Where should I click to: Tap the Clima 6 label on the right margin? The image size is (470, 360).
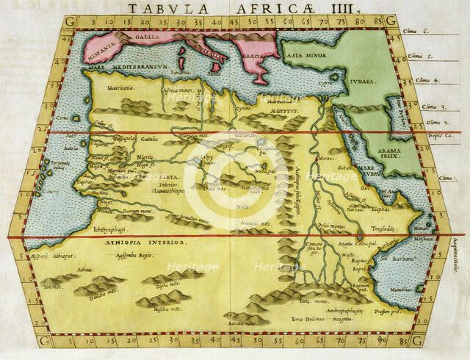click(416, 32)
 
